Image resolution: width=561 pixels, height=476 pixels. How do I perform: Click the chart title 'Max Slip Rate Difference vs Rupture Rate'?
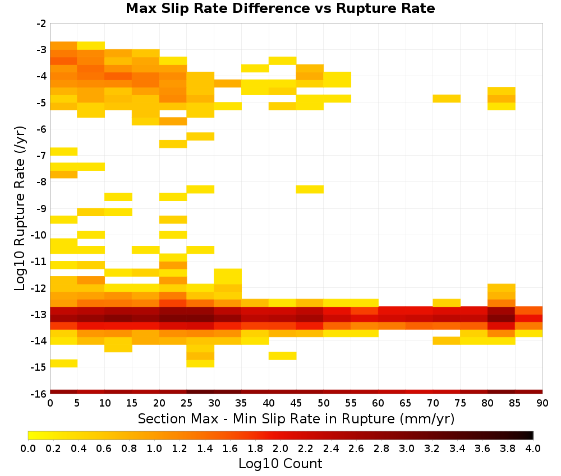point(280,8)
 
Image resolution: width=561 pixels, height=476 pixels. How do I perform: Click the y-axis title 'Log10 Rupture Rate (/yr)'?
point(20,208)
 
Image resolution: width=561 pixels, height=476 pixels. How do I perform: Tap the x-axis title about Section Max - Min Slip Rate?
point(296,418)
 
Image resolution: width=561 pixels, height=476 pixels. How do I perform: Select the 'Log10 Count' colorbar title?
point(280,464)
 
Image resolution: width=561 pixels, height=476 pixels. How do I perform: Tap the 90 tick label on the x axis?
point(542,403)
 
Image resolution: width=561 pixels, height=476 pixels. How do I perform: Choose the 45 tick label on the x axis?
point(296,403)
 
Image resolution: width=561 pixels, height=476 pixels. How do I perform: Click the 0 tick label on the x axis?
point(50,403)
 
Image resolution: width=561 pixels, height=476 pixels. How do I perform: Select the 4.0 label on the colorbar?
point(533,448)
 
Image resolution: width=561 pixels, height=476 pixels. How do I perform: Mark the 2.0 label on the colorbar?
point(280,448)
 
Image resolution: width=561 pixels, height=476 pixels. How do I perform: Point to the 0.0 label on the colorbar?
point(28,448)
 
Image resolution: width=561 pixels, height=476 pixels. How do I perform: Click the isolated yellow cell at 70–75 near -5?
point(447,99)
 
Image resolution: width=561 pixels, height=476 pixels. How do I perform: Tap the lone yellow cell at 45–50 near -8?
point(310,189)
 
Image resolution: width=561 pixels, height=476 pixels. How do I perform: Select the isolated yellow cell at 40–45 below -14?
point(282,356)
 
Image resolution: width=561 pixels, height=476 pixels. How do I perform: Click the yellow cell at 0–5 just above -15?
point(64,363)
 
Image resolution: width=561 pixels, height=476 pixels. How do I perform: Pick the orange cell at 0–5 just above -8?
point(64,174)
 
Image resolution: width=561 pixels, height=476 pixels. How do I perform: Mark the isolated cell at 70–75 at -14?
point(447,340)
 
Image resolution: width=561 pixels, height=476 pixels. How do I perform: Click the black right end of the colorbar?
point(531,435)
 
